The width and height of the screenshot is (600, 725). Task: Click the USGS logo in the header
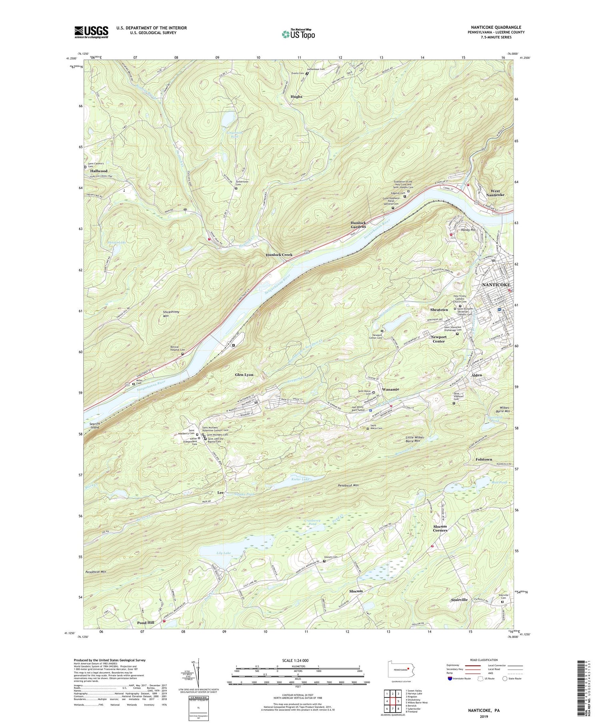(91, 32)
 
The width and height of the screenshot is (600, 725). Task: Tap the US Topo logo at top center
(298, 34)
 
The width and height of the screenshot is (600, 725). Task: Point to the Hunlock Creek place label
(279, 255)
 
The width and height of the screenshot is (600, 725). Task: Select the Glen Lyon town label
(244, 375)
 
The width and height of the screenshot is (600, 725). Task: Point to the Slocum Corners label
(440, 528)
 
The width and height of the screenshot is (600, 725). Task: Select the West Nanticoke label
(495, 192)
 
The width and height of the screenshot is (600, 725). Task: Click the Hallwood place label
(98, 171)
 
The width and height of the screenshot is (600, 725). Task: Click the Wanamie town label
(390, 389)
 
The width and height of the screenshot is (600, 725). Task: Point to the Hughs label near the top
(296, 96)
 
